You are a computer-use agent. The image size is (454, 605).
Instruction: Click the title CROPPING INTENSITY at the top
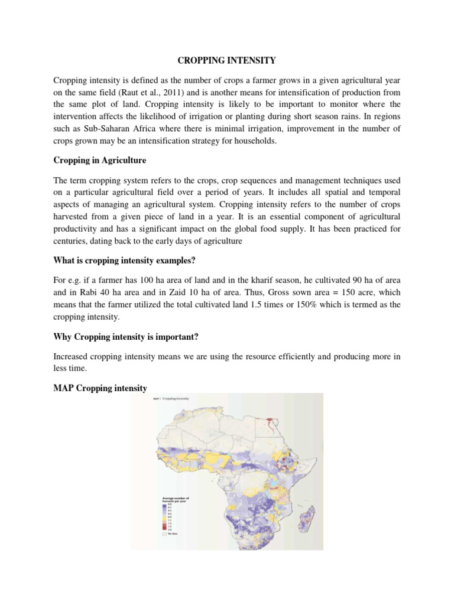[226, 60]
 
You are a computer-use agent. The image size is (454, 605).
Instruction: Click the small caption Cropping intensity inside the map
[177, 399]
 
